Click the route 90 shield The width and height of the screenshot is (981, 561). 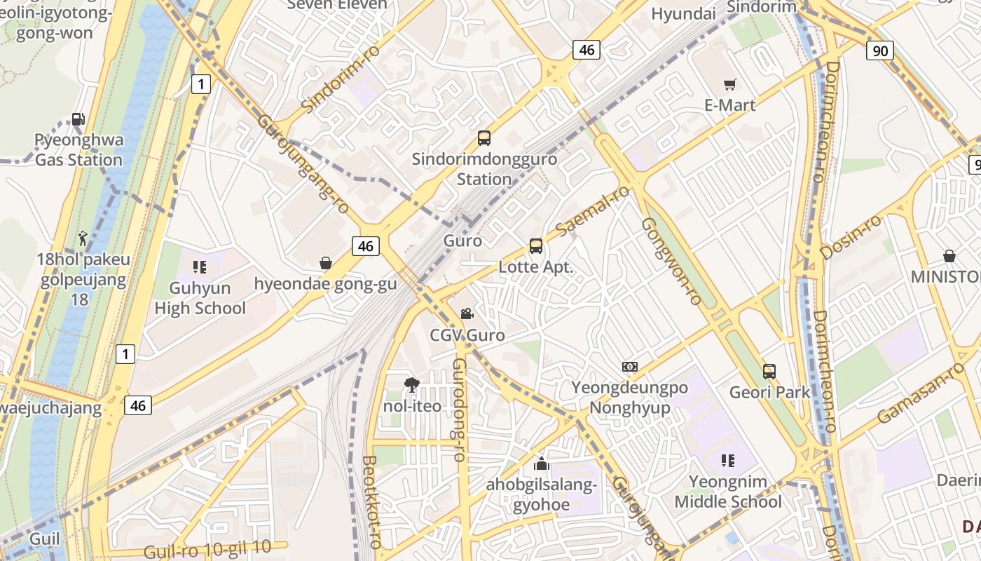tap(879, 50)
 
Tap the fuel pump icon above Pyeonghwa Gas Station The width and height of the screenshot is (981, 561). tap(78, 119)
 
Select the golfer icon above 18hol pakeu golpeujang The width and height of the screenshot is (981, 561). tap(83, 239)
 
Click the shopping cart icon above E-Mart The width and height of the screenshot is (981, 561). tap(730, 85)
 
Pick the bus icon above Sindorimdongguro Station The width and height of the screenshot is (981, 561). tap(484, 138)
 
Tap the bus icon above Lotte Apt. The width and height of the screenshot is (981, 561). tap(536, 246)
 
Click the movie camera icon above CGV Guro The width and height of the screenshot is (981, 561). tap(467, 314)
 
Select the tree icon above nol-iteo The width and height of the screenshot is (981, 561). tap(412, 384)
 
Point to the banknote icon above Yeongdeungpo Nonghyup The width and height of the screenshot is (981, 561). tap(630, 367)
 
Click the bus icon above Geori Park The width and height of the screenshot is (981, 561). tap(769, 372)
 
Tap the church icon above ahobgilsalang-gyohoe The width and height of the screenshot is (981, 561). tap(541, 464)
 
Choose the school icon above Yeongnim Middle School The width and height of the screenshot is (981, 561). tap(728, 461)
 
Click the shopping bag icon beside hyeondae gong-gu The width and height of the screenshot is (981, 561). tap(326, 263)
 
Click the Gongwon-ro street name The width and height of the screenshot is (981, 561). tap(671, 261)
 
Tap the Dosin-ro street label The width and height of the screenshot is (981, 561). tap(851, 237)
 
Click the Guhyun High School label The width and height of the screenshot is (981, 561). tap(200, 298)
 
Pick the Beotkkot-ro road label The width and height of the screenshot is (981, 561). tap(371, 502)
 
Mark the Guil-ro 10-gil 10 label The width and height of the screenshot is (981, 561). tap(207, 549)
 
